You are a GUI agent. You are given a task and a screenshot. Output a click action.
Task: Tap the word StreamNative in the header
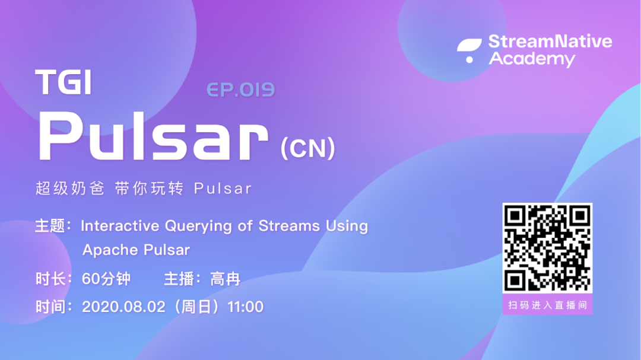coord(550,42)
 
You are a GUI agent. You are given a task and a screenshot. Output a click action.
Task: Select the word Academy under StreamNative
coord(532,59)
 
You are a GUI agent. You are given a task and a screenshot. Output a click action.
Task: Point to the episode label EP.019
coord(240,90)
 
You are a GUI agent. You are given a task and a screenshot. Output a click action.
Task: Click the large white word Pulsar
coord(153,136)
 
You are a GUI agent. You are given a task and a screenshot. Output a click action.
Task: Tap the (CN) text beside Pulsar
coord(308,148)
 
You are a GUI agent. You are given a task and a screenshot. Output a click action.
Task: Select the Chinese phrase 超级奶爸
coord(70,189)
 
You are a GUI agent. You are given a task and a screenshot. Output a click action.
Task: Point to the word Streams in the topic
coord(289,225)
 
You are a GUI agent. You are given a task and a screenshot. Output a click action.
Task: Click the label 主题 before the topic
coord(50,226)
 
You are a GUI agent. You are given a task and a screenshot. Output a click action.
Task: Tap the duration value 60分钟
coord(106,279)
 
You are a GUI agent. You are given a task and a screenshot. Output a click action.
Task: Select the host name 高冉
coord(225,279)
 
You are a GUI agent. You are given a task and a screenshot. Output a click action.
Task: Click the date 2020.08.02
coord(123,307)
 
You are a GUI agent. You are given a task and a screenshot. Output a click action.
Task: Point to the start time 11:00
coord(245,307)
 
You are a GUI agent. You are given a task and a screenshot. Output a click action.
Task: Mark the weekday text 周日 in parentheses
coord(196,307)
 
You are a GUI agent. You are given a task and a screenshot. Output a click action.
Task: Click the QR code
coord(547,248)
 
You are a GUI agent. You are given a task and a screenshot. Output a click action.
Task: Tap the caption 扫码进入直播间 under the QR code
coord(547,305)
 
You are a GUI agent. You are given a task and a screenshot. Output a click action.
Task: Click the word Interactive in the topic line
coord(120,225)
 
